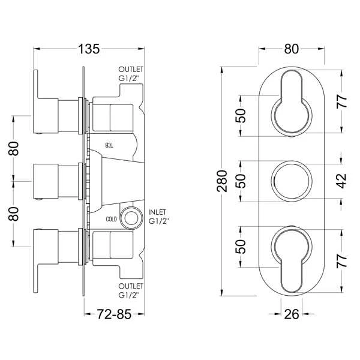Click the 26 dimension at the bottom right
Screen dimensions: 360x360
(291, 313)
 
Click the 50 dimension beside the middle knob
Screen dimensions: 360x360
(241, 180)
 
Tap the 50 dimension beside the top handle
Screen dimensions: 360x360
(241, 115)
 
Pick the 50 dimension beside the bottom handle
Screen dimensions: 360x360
(241, 245)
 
